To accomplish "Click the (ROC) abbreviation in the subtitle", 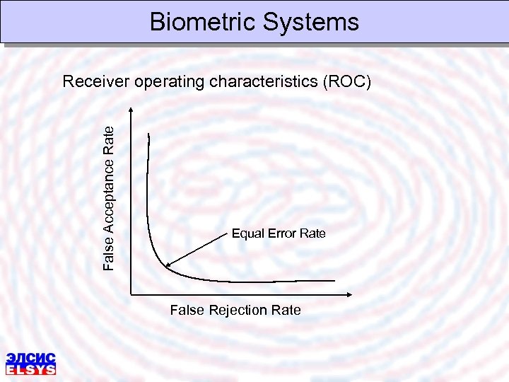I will (346, 82).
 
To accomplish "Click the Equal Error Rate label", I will (279, 233).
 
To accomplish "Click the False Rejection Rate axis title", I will (235, 310).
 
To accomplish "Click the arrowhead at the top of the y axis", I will (131, 109).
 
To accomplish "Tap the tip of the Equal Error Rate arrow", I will (165, 267).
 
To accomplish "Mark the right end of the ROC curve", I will (335, 281).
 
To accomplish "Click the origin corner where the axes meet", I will (131, 294).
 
